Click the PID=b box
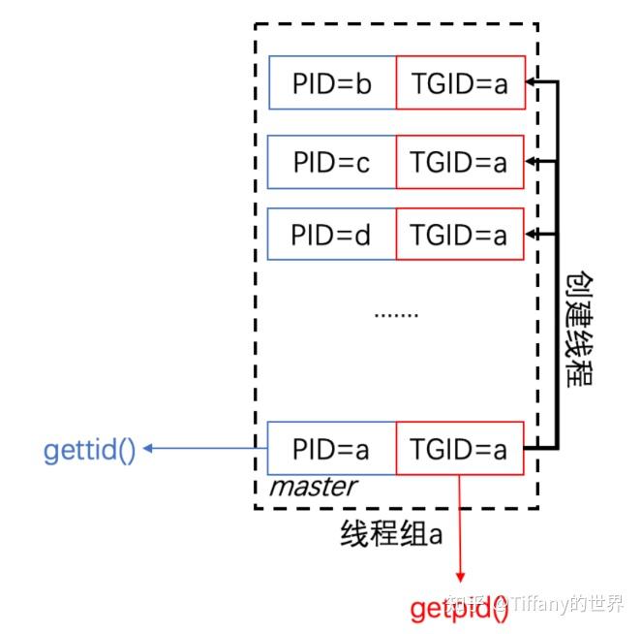point(332,83)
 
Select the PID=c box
point(332,162)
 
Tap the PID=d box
point(332,234)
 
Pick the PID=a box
point(332,448)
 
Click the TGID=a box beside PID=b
point(460,83)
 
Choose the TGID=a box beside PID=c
point(460,162)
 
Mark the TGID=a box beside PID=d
point(460,234)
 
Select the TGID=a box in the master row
point(460,448)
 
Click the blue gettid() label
point(89,450)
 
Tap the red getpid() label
point(459,608)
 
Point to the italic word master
point(312,487)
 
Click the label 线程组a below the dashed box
point(391,532)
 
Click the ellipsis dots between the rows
point(396,314)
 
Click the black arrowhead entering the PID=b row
point(532,83)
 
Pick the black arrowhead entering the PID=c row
point(532,159)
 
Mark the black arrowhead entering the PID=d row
point(532,234)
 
